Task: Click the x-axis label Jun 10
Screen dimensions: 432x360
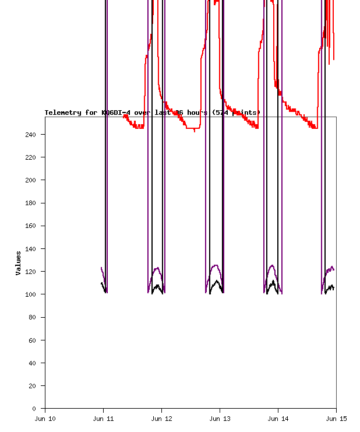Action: [x=45, y=418]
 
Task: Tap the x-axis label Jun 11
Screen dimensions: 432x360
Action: [x=103, y=418]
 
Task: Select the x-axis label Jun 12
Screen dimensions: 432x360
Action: [x=161, y=418]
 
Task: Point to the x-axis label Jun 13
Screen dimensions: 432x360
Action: [x=220, y=418]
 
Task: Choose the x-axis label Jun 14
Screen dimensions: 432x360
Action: [x=278, y=418]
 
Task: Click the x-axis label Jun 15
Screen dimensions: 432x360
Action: [x=336, y=418]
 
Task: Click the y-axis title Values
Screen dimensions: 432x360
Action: [x=19, y=263]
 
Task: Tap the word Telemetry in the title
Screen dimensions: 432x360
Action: [x=63, y=113]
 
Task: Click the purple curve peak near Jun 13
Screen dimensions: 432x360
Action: [x=216, y=265]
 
